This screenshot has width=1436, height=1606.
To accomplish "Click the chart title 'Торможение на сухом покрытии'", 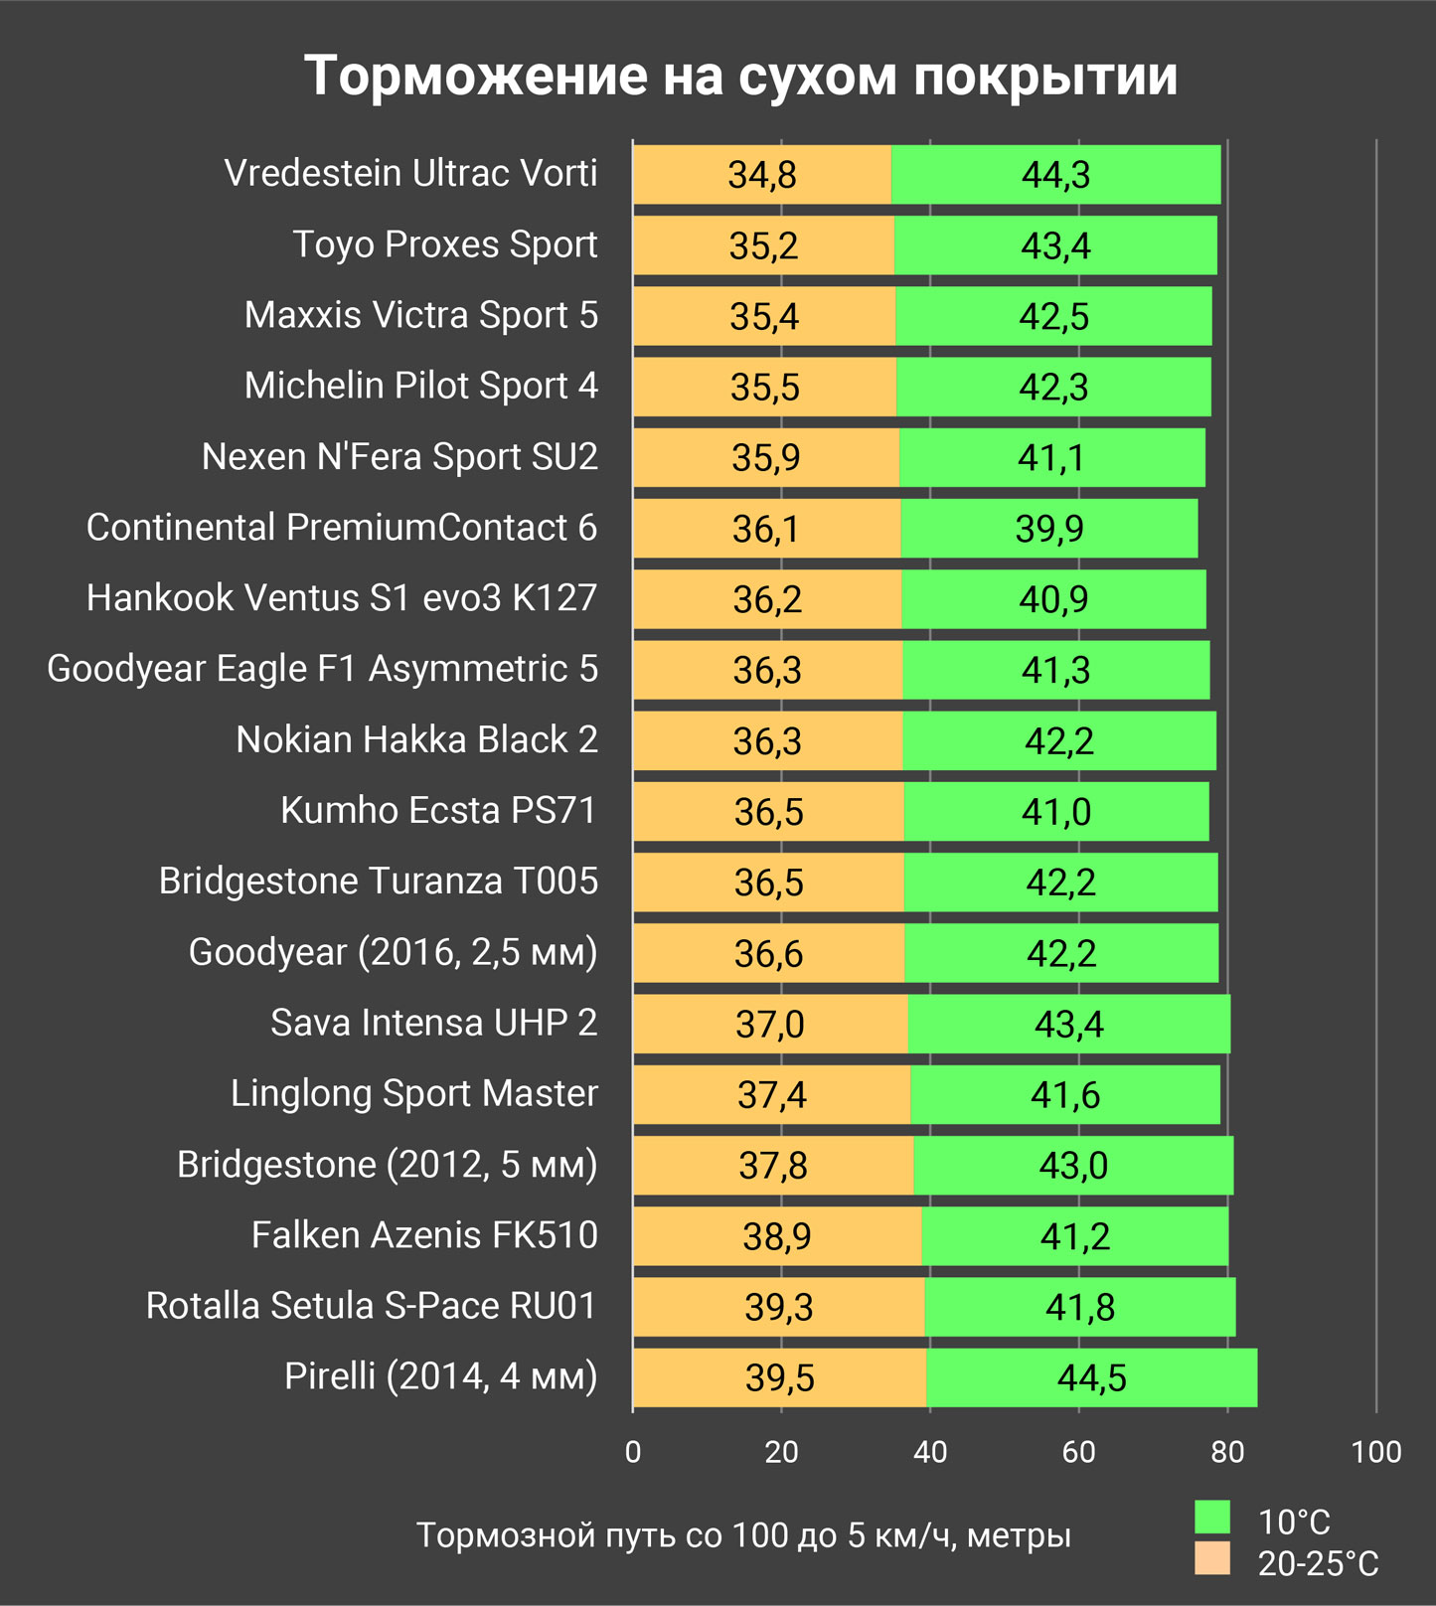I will click(740, 76).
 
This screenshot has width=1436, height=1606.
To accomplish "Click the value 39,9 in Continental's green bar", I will click(1049, 529).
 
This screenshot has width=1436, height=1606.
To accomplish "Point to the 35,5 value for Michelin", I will click(764, 387).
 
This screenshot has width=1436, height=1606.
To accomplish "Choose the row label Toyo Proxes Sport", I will click(444, 244).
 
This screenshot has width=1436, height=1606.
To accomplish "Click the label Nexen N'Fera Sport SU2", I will click(399, 457).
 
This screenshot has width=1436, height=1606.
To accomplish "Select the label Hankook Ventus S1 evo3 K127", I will click(342, 598).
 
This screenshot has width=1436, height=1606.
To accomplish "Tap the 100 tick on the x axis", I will click(1375, 1452).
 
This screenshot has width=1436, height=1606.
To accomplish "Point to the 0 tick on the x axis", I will click(633, 1452).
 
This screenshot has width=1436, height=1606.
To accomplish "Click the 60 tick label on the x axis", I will click(1078, 1452).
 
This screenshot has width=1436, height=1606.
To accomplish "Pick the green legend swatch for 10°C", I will click(1211, 1518).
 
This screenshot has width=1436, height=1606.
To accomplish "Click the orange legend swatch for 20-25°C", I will click(1211, 1558).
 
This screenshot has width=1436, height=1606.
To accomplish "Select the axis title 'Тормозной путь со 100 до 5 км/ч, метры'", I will click(743, 1535).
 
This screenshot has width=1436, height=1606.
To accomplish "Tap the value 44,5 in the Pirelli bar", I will click(1091, 1378).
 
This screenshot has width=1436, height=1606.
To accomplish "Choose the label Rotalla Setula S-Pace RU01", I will click(371, 1306).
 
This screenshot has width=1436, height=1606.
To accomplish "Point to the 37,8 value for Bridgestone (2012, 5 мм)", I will click(772, 1166).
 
